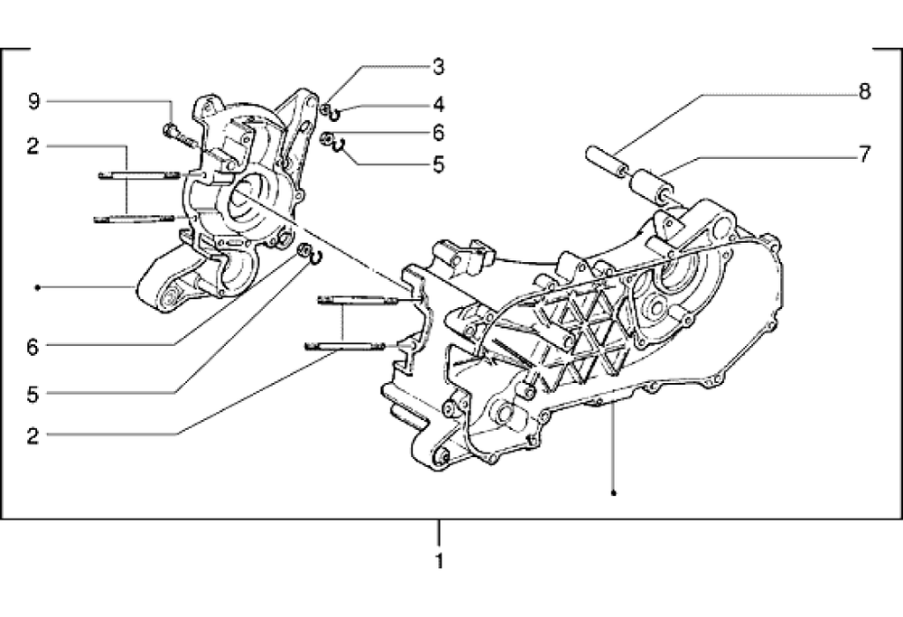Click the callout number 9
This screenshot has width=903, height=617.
point(33,102)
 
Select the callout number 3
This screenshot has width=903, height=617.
point(438,66)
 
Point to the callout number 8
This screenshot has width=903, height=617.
point(864,91)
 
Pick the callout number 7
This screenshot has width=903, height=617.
point(864,154)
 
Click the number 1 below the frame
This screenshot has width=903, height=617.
point(439,561)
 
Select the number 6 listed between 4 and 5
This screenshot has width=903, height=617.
point(438,133)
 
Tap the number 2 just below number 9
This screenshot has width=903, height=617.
point(33,145)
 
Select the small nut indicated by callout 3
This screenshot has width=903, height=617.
point(324,110)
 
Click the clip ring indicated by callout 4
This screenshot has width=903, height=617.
point(335,114)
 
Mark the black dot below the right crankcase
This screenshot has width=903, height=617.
point(613,493)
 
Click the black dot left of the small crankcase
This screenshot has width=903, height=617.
point(36,287)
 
